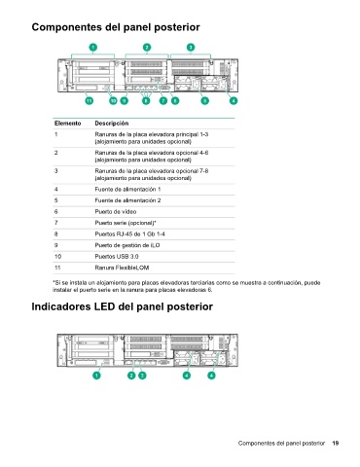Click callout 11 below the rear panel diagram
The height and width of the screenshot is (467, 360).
[90, 100]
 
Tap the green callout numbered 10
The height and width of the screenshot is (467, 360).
[113, 100]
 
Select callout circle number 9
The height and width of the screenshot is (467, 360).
[125, 100]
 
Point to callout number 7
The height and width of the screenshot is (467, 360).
[163, 100]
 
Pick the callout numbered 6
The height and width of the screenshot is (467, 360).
[175, 100]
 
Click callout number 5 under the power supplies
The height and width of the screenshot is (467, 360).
[204, 100]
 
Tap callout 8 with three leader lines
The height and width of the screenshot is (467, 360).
[146, 100]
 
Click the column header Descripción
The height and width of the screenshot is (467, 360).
[112, 124]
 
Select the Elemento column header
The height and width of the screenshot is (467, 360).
[68, 124]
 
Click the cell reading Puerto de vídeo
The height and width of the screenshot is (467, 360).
[116, 212]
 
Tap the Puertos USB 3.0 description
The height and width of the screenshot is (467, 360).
[117, 257]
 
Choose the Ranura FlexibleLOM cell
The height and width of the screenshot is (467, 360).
[122, 268]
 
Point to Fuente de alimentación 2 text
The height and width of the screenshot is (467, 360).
[127, 200]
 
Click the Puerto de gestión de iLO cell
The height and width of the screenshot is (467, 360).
[127, 245]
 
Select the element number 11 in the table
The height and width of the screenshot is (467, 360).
[57, 268]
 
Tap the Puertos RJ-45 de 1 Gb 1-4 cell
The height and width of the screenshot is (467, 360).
[129, 234]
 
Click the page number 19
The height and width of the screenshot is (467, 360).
[336, 443]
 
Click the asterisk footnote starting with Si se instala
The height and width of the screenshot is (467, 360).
[187, 286]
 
